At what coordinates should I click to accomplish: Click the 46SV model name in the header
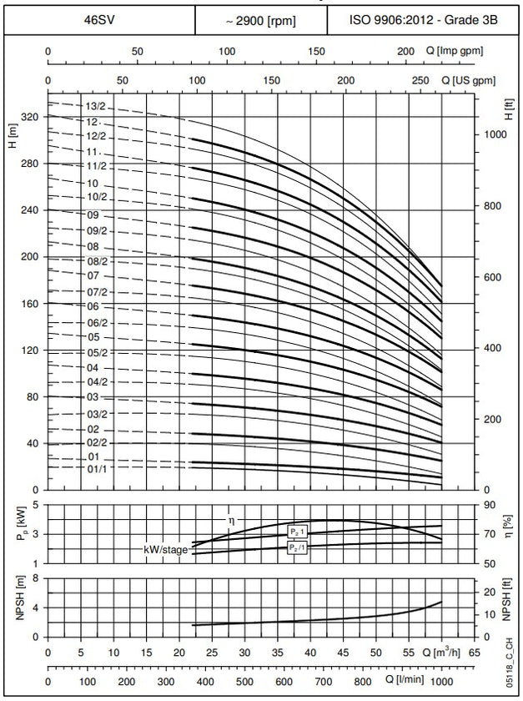[x=100, y=20]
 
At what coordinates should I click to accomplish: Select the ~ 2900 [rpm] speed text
[x=260, y=21]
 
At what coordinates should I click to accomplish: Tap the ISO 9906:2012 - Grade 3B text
[x=423, y=20]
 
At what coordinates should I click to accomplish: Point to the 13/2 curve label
[x=96, y=107]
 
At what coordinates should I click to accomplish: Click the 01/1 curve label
[x=97, y=468]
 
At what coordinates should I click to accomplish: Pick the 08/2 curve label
[x=97, y=261]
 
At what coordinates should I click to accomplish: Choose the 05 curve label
[x=93, y=337]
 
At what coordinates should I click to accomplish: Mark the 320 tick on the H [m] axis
[x=30, y=117]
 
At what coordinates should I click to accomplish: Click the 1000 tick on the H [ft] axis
[x=495, y=134]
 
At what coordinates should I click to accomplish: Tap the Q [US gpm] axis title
[x=469, y=80]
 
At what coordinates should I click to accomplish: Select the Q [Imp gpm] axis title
[x=454, y=51]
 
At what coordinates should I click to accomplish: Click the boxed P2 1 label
[x=297, y=532]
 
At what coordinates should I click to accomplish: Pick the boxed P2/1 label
[x=297, y=547]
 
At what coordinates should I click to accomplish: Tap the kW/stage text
[x=165, y=549]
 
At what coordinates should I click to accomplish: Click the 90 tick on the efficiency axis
[x=490, y=505]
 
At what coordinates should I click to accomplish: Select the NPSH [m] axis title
[x=20, y=598]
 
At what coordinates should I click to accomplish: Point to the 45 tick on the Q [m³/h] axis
[x=343, y=653]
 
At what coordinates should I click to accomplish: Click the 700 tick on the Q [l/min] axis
[x=323, y=681]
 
